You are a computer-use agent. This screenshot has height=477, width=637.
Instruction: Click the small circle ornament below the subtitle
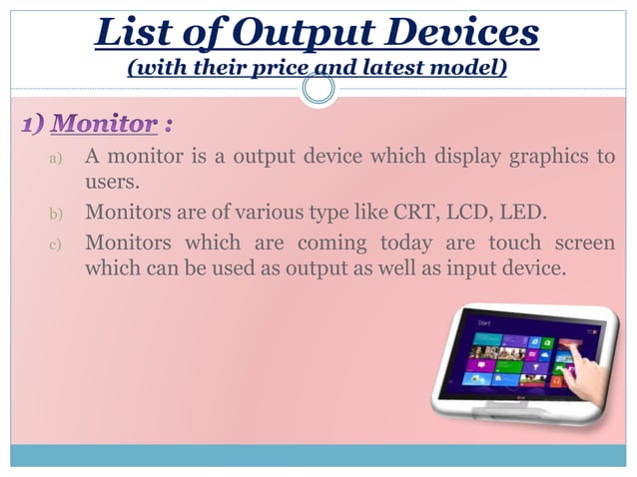pyautogui.click(x=318, y=91)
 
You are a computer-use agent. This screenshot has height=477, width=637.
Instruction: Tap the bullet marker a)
pyautogui.click(x=55, y=159)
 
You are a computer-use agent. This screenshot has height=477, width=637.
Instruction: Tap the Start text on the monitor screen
pyautogui.click(x=486, y=324)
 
